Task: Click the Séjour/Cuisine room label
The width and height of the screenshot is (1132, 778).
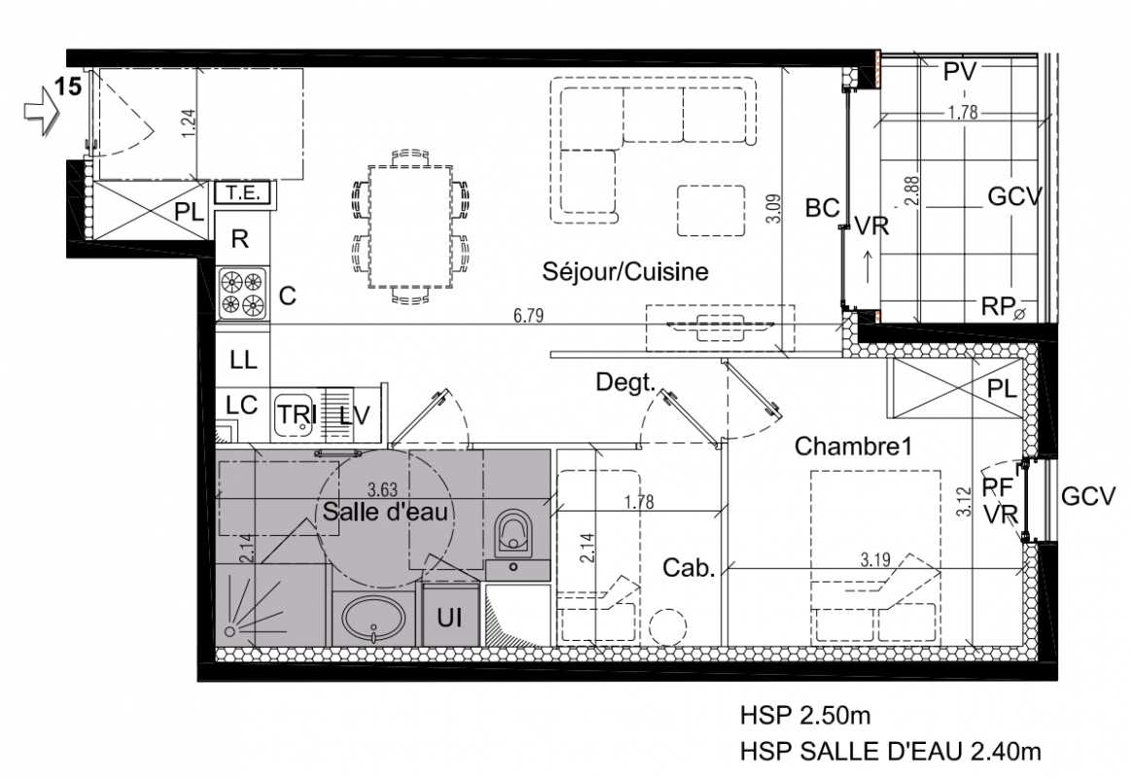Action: (625, 272)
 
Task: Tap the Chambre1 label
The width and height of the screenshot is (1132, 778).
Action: (853, 446)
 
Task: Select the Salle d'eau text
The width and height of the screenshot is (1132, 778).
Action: (385, 512)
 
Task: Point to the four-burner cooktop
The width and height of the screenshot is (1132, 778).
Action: (242, 294)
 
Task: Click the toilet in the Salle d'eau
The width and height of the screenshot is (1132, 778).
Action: (513, 533)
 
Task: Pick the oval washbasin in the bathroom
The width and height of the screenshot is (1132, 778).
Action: (373, 619)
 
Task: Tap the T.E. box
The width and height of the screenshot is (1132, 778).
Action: (242, 194)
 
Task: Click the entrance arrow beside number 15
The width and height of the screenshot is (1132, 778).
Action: (41, 109)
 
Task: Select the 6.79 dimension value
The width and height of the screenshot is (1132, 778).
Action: (528, 315)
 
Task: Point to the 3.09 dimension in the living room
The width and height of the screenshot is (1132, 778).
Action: (774, 208)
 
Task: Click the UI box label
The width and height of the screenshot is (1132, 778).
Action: (449, 618)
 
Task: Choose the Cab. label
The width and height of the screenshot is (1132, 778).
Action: (689, 568)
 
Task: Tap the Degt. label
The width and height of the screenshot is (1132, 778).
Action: (625, 382)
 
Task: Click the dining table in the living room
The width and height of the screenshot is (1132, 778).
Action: (410, 227)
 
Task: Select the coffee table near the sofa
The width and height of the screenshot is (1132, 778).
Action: (711, 211)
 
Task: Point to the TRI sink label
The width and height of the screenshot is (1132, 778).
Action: (298, 414)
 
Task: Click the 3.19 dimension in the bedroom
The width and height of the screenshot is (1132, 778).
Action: (875, 559)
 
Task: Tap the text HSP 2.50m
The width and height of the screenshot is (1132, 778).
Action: (805, 716)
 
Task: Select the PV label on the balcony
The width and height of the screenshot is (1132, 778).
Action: (960, 71)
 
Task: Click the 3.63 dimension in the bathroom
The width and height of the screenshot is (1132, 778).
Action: (382, 490)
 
